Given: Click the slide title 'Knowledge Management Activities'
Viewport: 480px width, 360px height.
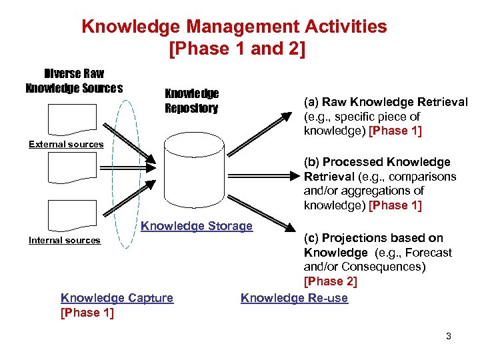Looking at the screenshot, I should (x=234, y=27).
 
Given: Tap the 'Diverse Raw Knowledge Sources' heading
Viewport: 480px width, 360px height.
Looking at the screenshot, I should (x=74, y=81).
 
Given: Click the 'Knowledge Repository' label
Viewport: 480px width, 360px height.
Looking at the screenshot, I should (x=191, y=101).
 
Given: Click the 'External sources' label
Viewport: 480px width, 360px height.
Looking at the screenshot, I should (x=66, y=144).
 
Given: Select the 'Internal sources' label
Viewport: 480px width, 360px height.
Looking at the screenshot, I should (x=65, y=240).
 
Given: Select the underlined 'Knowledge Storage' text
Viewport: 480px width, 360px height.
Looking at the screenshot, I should (x=197, y=226).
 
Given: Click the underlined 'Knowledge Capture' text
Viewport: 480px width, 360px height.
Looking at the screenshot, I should (x=117, y=298).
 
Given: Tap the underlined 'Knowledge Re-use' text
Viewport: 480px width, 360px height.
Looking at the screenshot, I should (x=294, y=298).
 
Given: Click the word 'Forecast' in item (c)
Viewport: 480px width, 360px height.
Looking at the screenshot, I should (x=429, y=253).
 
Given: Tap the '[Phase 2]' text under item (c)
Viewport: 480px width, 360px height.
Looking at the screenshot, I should (x=330, y=281).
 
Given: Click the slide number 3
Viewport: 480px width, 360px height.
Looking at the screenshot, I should (x=449, y=336).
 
